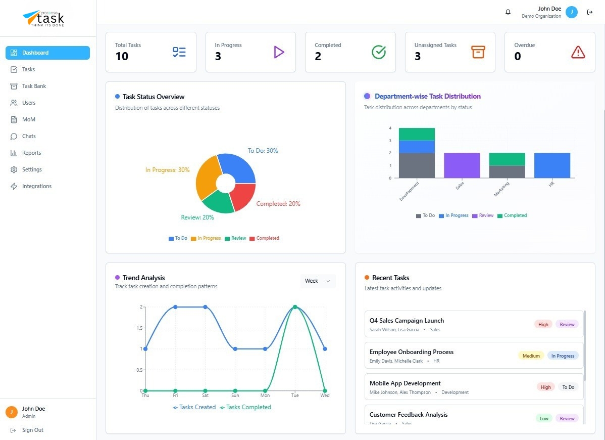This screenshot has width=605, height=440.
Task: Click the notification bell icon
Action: (508, 12)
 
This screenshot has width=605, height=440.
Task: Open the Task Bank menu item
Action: (34, 86)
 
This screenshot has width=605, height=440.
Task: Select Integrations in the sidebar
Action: (36, 186)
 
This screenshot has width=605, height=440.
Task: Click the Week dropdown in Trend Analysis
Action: (318, 281)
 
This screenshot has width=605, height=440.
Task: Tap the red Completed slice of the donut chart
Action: (243, 197)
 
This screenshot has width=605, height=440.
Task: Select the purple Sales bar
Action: (462, 165)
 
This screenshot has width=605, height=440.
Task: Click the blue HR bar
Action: (552, 165)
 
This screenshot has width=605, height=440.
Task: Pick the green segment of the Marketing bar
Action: (507, 159)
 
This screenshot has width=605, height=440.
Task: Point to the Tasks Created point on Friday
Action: (175, 307)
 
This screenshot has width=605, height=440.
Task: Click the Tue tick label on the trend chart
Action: (295, 395)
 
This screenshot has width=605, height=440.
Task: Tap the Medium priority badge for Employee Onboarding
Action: (531, 356)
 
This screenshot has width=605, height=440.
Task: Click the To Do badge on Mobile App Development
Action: (568, 387)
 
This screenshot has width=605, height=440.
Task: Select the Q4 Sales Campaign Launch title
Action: (407, 321)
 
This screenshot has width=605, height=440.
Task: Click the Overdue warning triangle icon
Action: (578, 52)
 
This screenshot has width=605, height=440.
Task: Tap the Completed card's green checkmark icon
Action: (378, 52)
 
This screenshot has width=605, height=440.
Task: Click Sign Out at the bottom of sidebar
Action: (32, 430)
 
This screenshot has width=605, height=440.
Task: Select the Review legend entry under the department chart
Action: (483, 215)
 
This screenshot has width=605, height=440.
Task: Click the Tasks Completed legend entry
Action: (245, 407)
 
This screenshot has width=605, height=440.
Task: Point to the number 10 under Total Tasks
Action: (122, 56)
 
